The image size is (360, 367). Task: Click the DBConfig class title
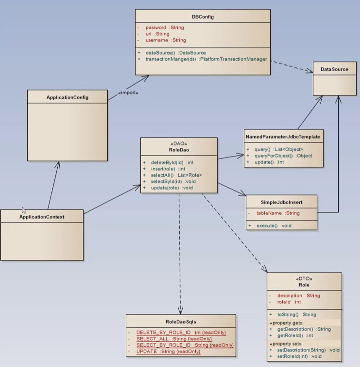pos(203,17)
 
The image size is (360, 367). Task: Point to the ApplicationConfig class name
pos(67,98)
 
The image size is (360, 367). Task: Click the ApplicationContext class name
pos(42,217)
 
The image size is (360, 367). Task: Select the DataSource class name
pos(334,69)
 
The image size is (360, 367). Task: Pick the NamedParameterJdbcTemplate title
pos(283,137)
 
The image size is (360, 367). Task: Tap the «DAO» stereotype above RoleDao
pos(179,143)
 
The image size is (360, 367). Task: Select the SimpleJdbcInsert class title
pos(281,202)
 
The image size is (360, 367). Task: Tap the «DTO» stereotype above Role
pos(304,279)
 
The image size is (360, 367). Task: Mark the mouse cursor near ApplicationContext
pos(24,210)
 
